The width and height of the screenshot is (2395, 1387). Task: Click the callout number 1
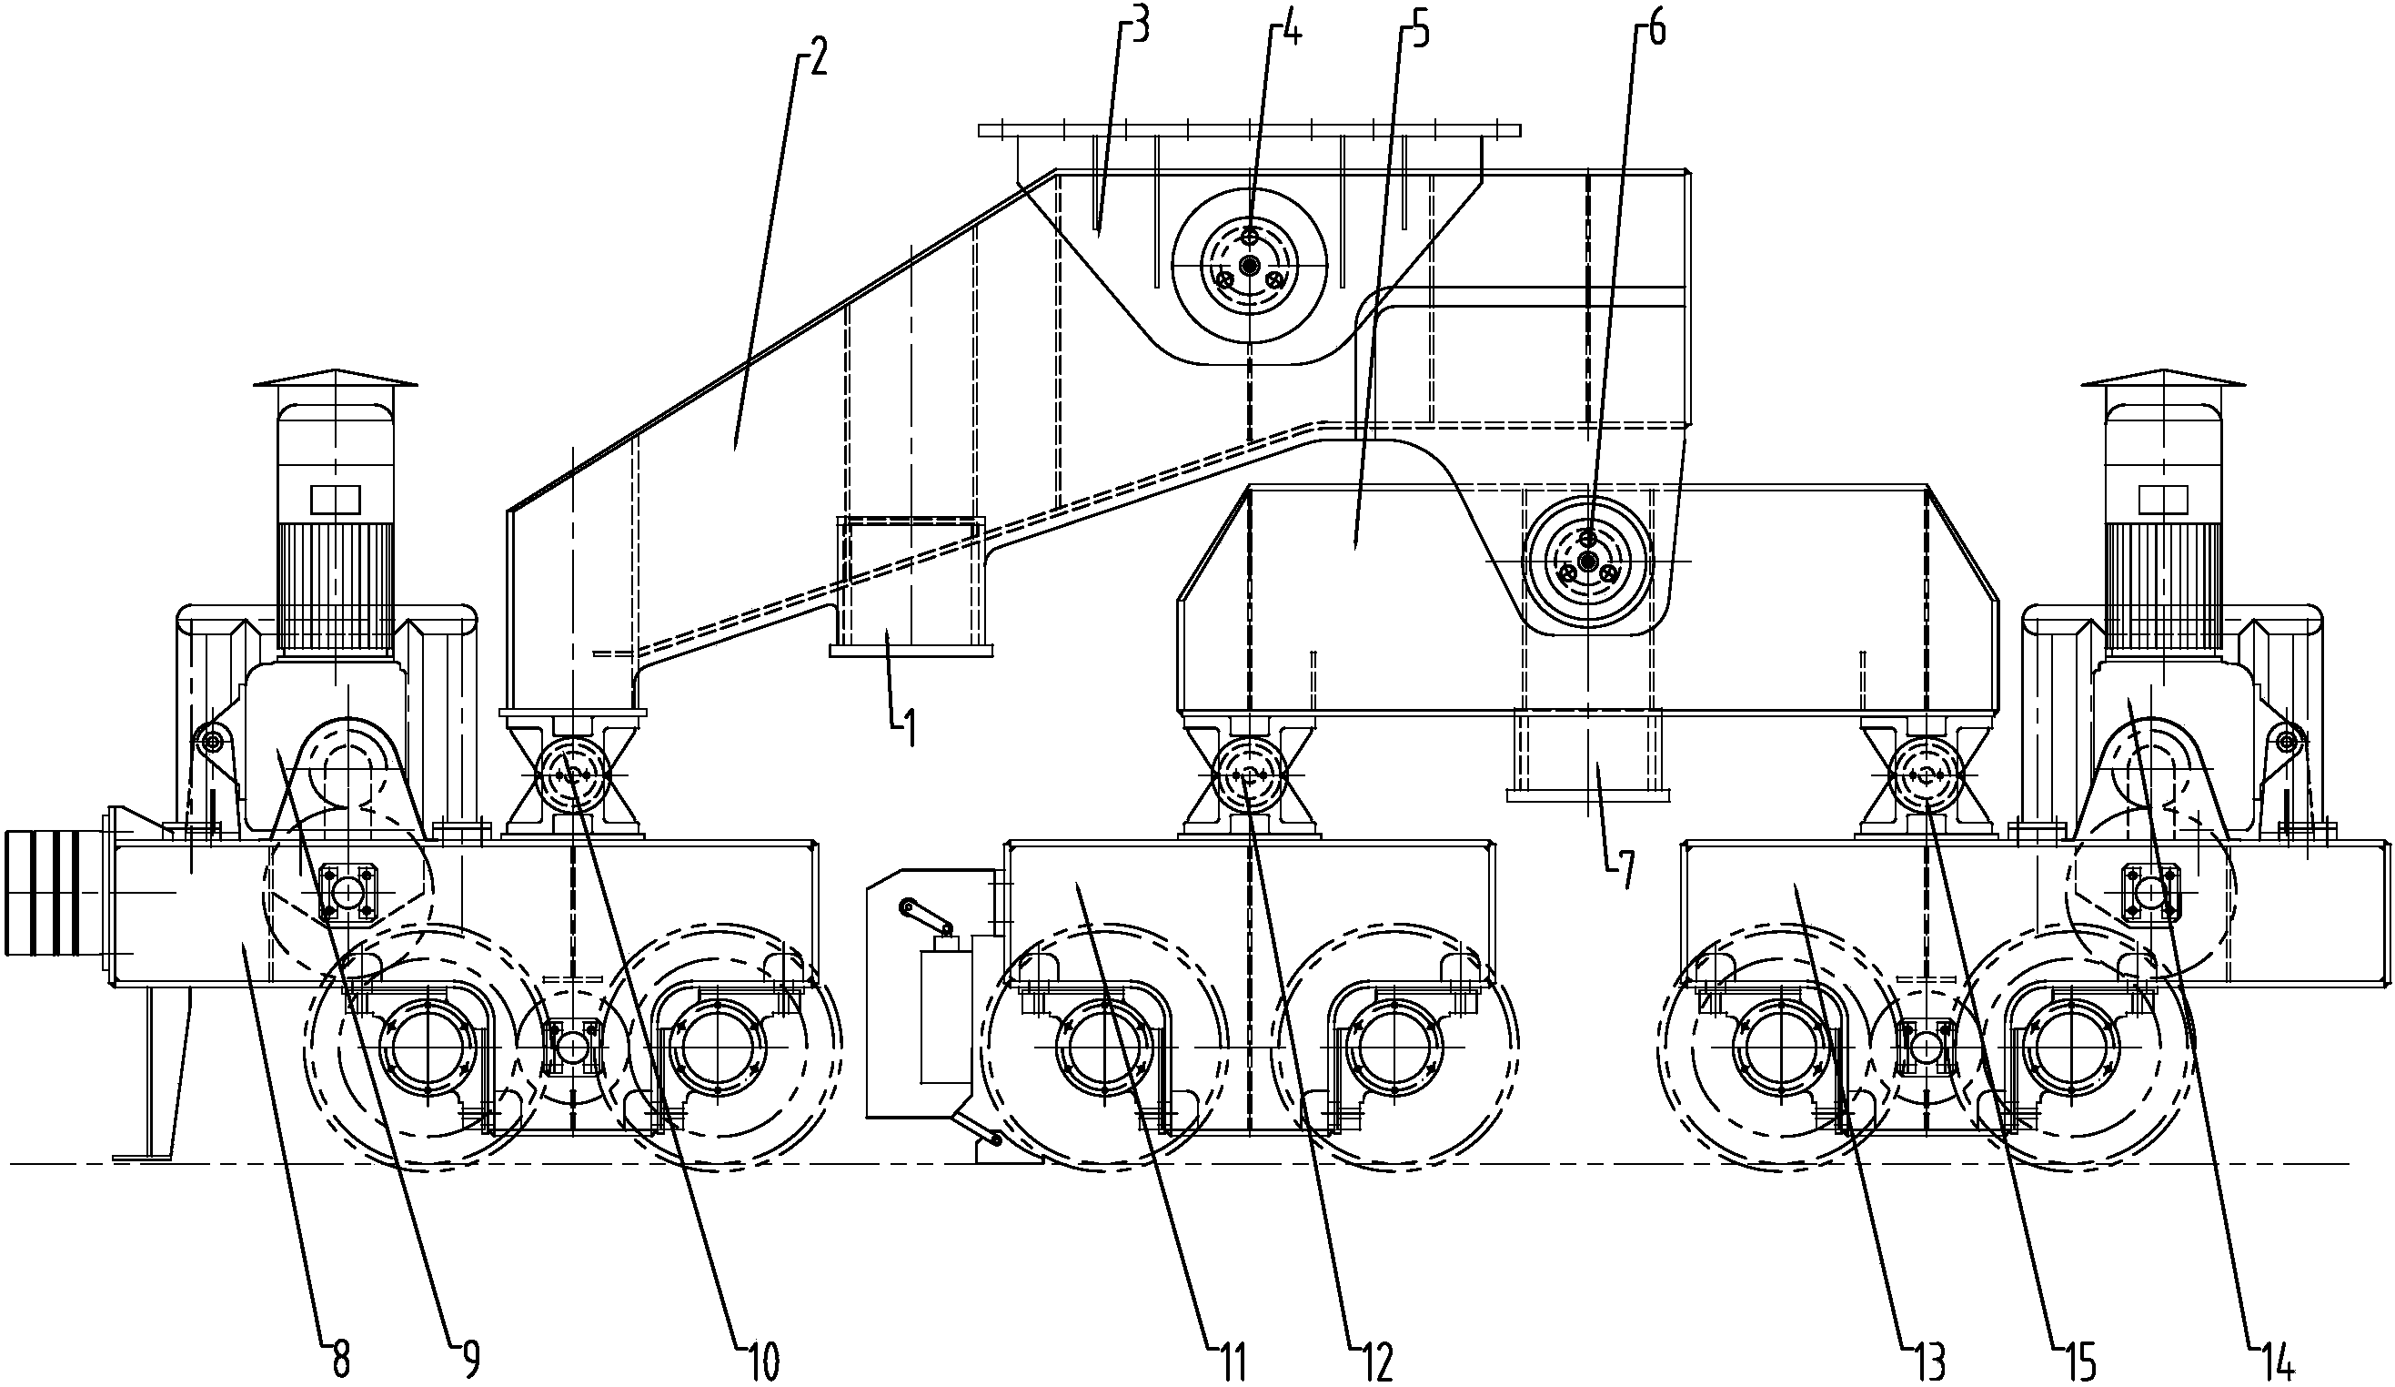(910, 730)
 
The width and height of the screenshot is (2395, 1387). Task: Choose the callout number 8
(341, 1360)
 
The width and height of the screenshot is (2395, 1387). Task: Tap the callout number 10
(760, 1360)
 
